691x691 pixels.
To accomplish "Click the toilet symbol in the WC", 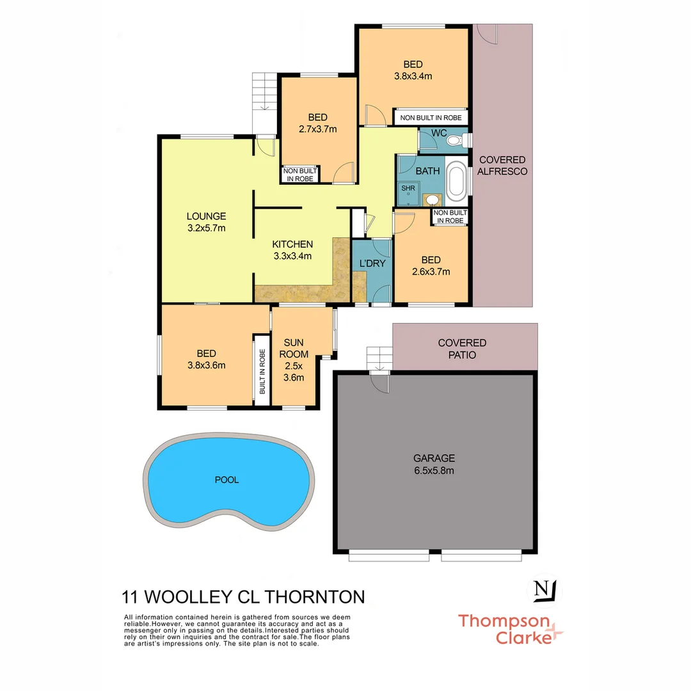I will click(456, 140).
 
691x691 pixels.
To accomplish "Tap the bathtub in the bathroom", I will click(456, 181).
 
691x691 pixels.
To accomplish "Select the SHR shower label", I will click(408, 188).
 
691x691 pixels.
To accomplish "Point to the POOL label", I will click(226, 480).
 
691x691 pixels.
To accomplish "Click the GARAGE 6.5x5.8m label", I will click(434, 464).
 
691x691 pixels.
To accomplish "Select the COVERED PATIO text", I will click(462, 349).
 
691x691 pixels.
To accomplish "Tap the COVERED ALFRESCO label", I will click(502, 166).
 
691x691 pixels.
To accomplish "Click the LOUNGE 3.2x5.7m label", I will click(206, 221).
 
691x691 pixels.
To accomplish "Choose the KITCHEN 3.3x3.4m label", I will click(292, 250).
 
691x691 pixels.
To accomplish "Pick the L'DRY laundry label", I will click(371, 264).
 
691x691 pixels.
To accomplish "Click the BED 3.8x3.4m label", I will click(413, 70).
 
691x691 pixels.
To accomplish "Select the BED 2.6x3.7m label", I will click(431, 265).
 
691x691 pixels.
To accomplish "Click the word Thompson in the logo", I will click(504, 621).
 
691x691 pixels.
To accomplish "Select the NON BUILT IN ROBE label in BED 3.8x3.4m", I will click(431, 118).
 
